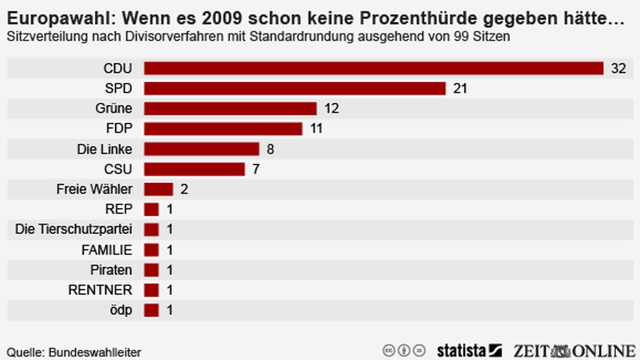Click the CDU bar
pos(373,68)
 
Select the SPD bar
pos(294,88)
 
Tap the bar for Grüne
pos(230,108)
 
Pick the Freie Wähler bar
pos(159,189)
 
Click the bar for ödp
pos(151,310)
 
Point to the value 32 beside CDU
pos(618,68)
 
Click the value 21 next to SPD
pos(460,89)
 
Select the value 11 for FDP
pos(316,129)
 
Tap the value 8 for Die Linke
pos(270,149)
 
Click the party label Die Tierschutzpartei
pos(74,229)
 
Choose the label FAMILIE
pos(107,250)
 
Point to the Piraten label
pos(111,270)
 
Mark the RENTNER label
pos(100,291)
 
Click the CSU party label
pos(118,169)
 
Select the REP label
pos(119,209)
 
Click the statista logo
pos(469,351)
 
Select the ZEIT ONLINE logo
pos(574,351)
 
